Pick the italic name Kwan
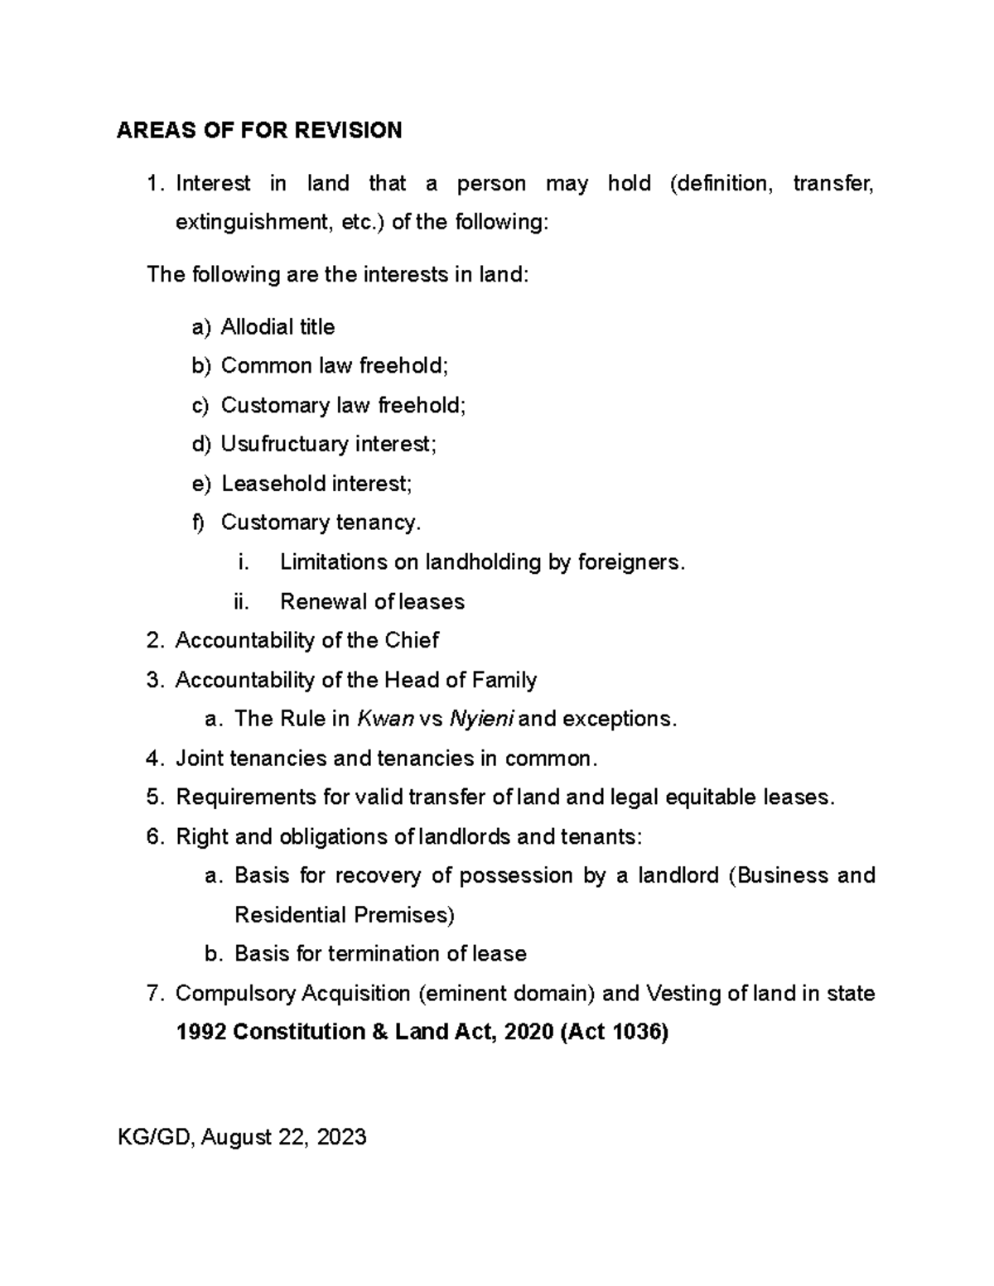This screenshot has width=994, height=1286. (385, 719)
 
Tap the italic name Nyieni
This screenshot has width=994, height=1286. (480, 719)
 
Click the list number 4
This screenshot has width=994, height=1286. (152, 759)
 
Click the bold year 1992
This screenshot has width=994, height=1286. (201, 1033)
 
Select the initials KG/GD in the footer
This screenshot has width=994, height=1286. (155, 1137)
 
